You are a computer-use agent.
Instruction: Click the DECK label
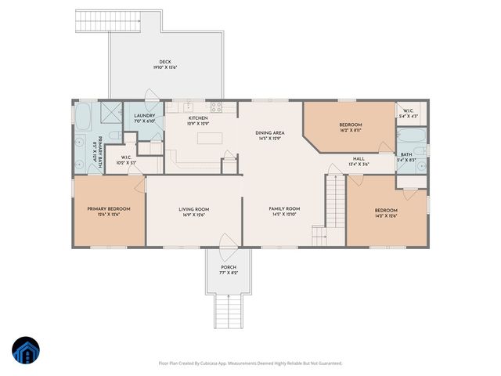(165, 62)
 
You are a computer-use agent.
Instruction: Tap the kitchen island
(208, 138)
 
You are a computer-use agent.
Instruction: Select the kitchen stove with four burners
(217, 107)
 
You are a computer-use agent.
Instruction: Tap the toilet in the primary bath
(113, 138)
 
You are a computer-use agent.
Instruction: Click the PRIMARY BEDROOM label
(108, 209)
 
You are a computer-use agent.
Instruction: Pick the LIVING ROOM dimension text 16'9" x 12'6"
(193, 215)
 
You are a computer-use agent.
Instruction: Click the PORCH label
(228, 267)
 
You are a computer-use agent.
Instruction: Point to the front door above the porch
(228, 243)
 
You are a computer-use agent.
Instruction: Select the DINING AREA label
(269, 133)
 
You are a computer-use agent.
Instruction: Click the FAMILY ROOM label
(284, 209)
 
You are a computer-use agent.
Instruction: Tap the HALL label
(359, 157)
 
